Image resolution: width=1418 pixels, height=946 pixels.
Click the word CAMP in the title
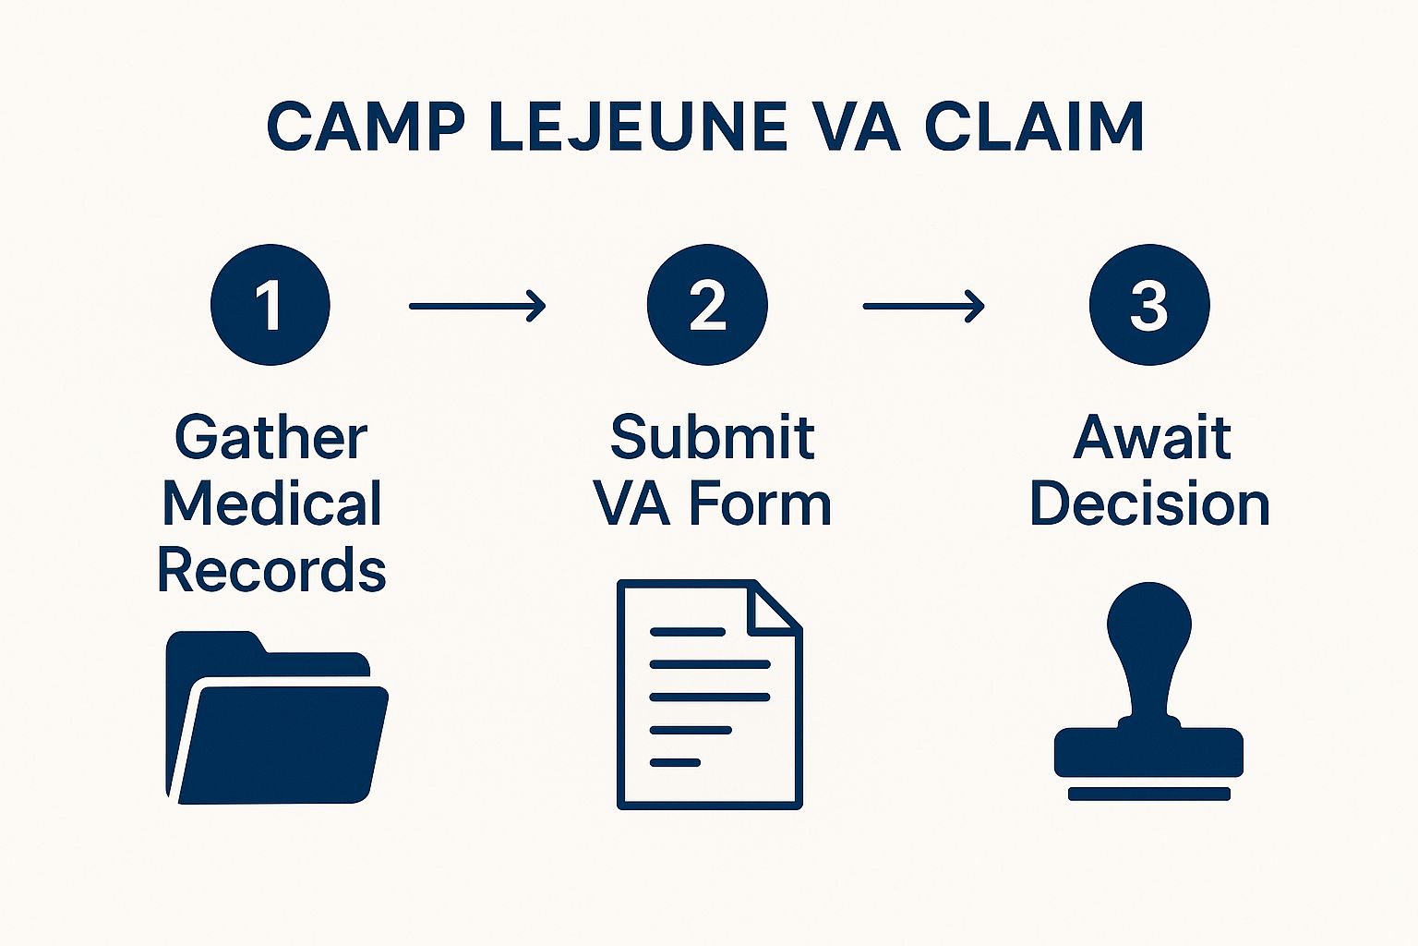coord(366,126)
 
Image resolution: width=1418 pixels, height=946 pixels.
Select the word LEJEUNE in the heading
coord(639,126)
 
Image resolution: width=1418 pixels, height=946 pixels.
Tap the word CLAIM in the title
coord(1033,126)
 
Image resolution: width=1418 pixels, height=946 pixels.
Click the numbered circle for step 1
coord(270,305)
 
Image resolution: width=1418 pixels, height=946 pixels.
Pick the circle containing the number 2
coord(707,305)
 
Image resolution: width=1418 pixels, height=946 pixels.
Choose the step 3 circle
coord(1149,305)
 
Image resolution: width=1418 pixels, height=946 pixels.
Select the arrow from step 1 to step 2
coord(477,306)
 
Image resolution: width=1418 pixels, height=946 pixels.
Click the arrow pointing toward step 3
coord(923,306)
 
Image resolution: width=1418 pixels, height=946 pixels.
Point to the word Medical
coord(272,503)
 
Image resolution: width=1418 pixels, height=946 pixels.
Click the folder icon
coord(277,717)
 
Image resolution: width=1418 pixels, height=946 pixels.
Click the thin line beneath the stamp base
coord(1149,794)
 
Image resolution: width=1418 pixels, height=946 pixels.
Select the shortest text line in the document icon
coord(675,763)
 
